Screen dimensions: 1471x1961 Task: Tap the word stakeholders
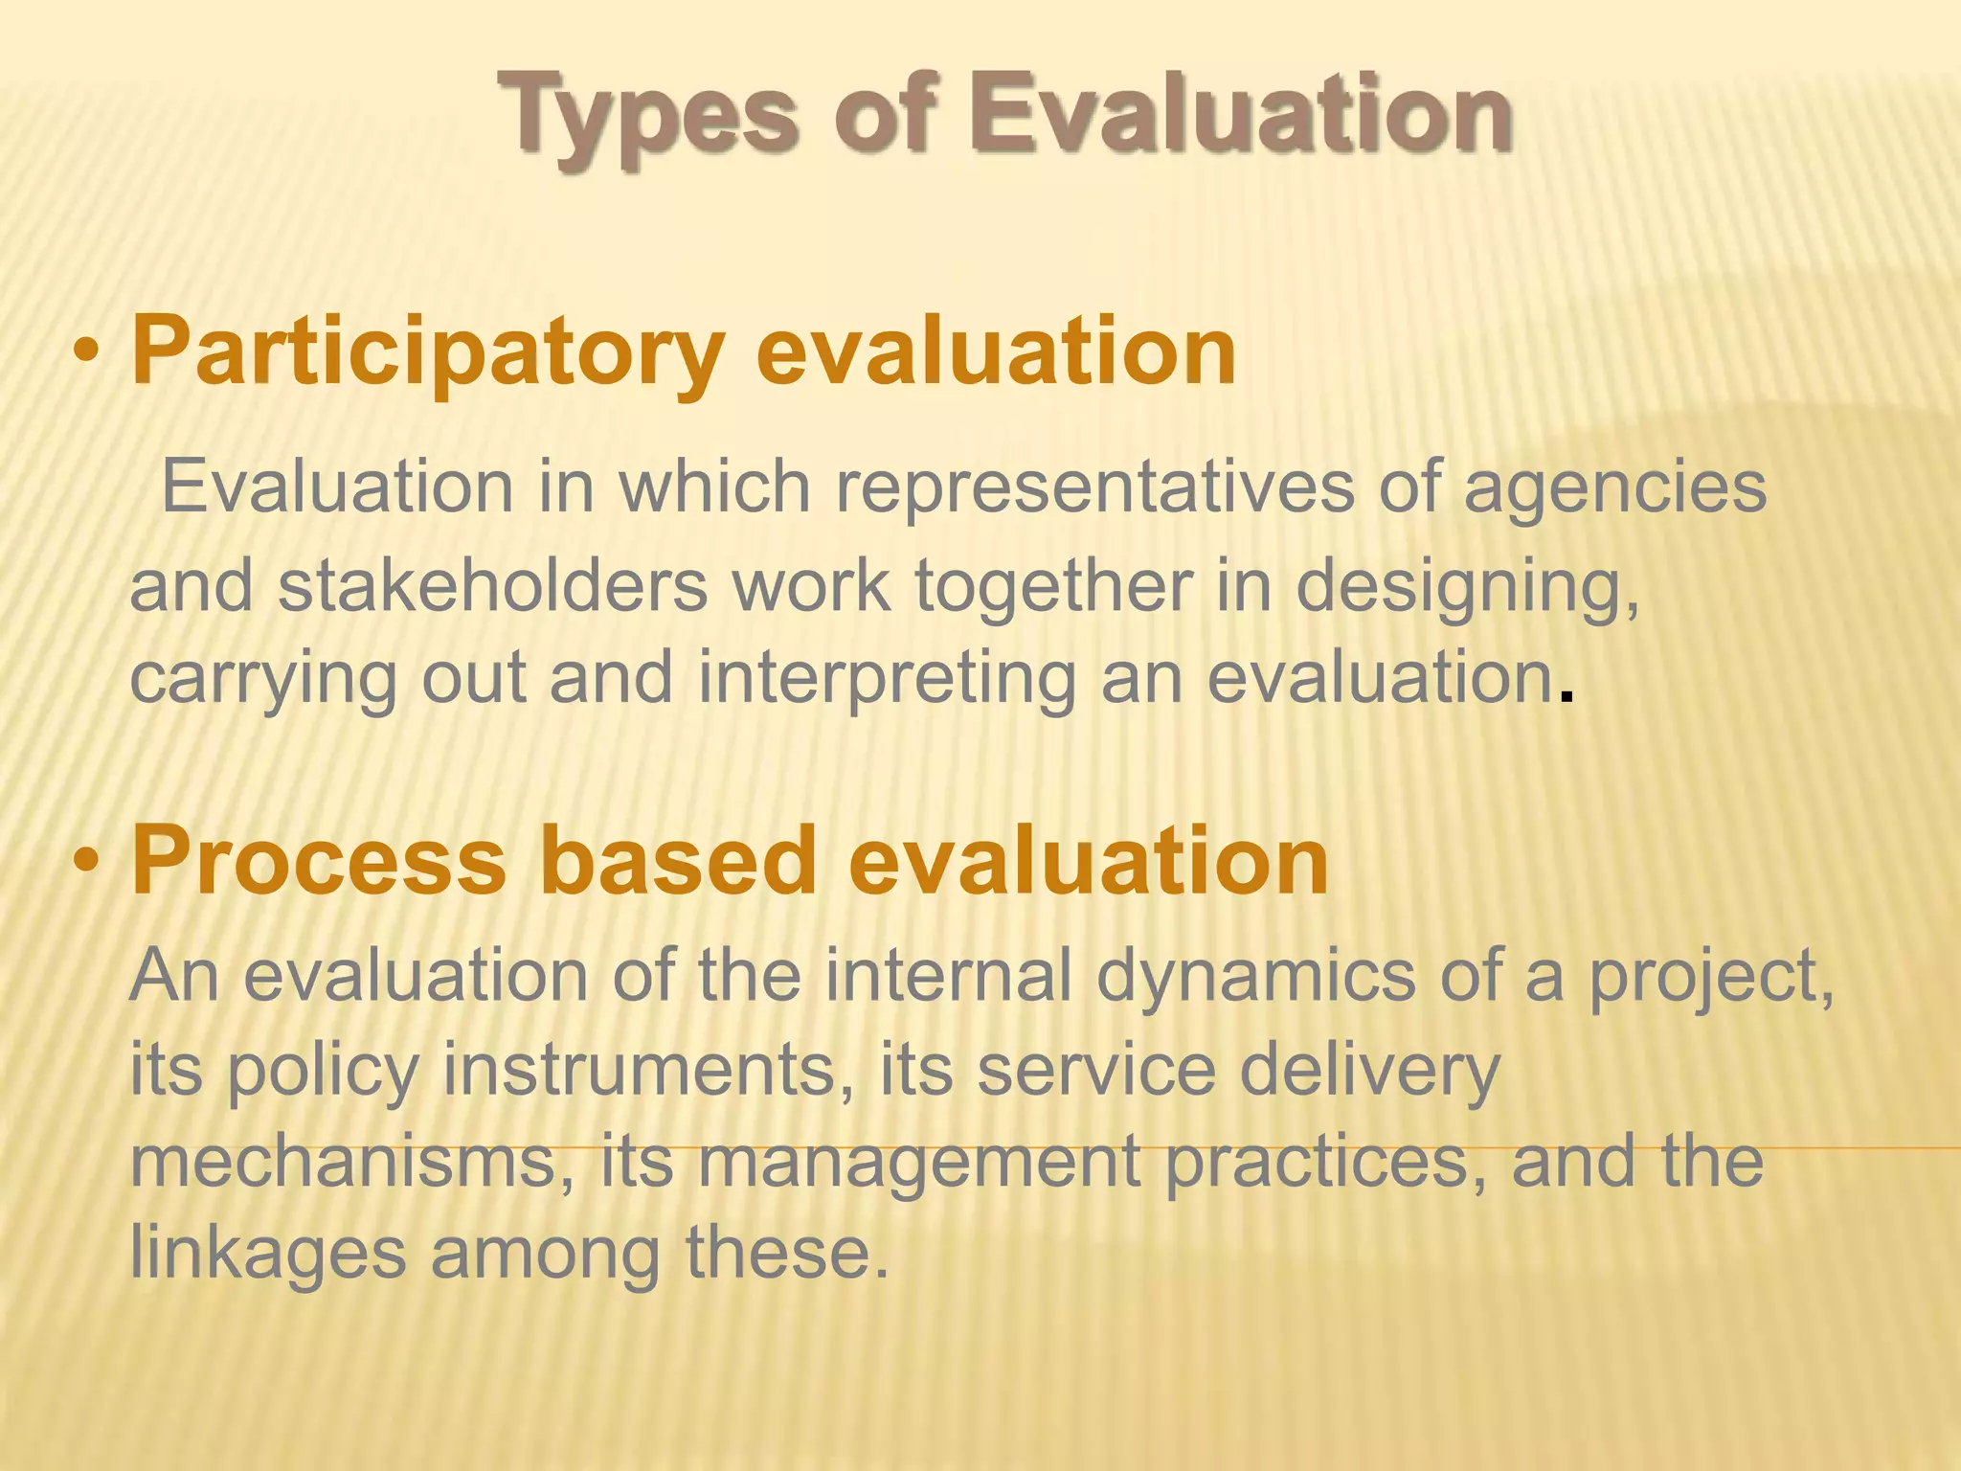[492, 586]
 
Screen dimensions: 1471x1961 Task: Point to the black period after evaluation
[1567, 695]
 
